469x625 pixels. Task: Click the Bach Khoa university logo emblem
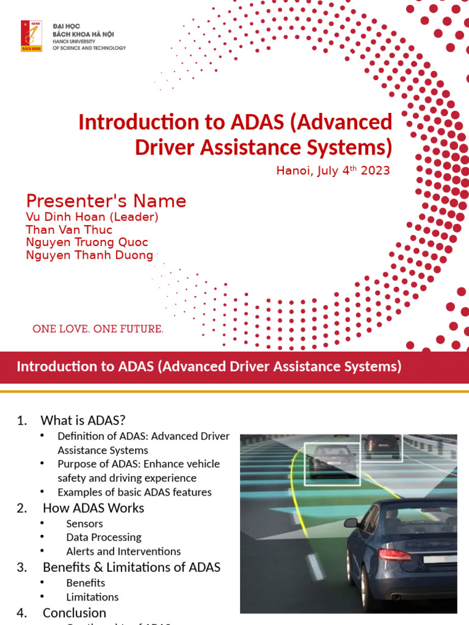coord(32,36)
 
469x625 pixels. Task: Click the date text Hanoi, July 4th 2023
coord(333,170)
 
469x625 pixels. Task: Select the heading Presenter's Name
coord(106,201)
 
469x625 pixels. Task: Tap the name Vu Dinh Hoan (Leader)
coord(92,217)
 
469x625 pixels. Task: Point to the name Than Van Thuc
coord(69,229)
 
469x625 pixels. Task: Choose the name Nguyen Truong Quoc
coord(87,242)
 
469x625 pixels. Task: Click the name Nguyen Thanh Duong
coord(89,255)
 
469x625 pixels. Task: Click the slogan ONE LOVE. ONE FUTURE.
coord(98,329)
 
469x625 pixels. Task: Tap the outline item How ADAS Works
coord(93,508)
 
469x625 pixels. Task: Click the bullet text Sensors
coord(84,523)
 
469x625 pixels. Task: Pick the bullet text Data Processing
coord(104,537)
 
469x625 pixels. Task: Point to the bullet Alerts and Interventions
coord(123,551)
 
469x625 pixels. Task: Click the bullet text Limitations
coord(92,597)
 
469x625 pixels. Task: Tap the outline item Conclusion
coord(75,612)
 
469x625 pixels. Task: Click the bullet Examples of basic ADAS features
coord(134,492)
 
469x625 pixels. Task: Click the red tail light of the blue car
coord(394,555)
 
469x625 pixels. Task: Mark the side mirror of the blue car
coord(351,522)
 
